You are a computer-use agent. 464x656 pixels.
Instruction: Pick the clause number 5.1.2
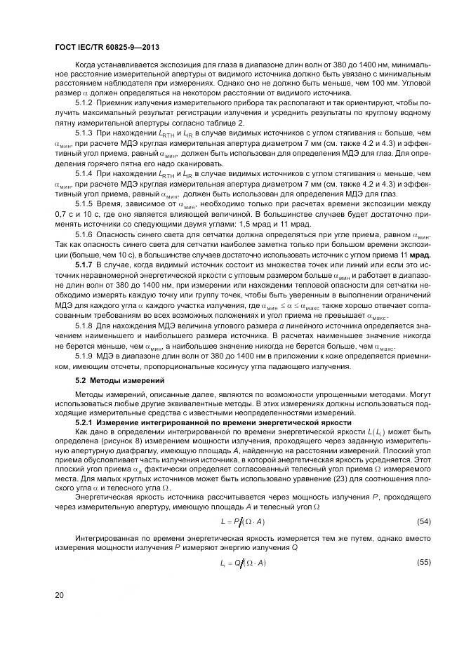point(85,103)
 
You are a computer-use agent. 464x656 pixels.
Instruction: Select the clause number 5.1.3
point(85,133)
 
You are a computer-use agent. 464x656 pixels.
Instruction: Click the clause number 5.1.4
point(85,173)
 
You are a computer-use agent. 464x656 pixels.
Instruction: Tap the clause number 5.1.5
point(85,202)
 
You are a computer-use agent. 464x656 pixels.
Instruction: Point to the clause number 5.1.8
point(85,327)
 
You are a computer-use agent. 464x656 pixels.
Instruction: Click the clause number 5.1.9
point(85,357)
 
